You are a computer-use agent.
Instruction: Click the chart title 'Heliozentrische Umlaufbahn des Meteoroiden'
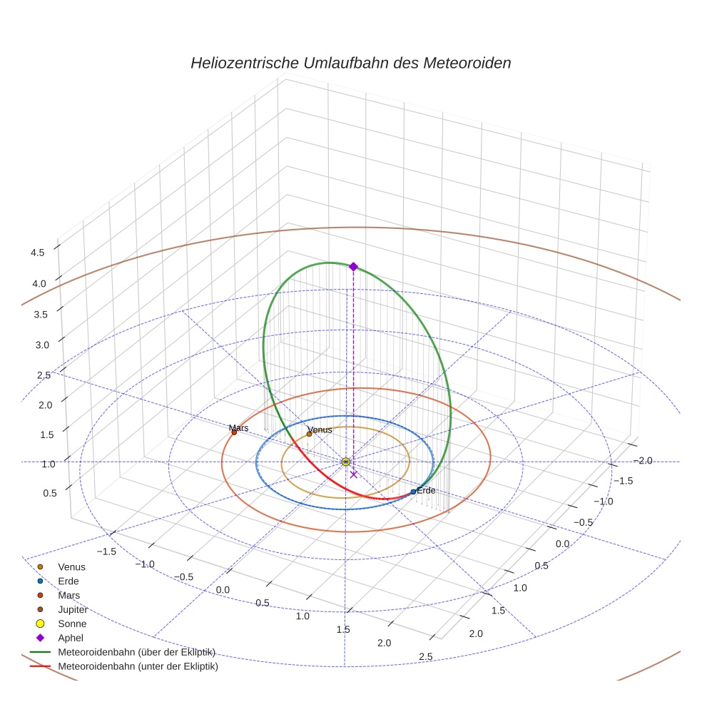pyautogui.click(x=350, y=63)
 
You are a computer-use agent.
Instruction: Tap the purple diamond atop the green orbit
pyautogui.click(x=353, y=266)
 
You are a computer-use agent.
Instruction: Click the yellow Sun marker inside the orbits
pyautogui.click(x=346, y=462)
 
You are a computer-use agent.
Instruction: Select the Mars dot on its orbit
pyautogui.click(x=234, y=432)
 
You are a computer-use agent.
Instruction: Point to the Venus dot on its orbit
pyautogui.click(x=309, y=434)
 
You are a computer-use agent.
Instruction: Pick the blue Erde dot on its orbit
pyautogui.click(x=413, y=492)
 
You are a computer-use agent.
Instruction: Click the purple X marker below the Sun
pyautogui.click(x=354, y=474)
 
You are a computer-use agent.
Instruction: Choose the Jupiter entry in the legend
pyautogui.click(x=73, y=609)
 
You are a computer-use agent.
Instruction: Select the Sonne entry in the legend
pyautogui.click(x=72, y=624)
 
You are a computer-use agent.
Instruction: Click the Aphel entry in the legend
pyautogui.click(x=70, y=638)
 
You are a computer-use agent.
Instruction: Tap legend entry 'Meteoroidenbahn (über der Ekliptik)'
pyautogui.click(x=136, y=652)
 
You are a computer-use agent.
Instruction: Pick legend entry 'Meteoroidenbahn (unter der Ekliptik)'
pyautogui.click(x=138, y=666)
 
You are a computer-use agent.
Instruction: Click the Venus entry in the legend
pyautogui.click(x=71, y=566)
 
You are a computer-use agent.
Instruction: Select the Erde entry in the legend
pyautogui.click(x=68, y=581)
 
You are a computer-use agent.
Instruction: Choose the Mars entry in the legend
pyautogui.click(x=68, y=595)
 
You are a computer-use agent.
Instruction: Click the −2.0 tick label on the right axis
pyautogui.click(x=643, y=460)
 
